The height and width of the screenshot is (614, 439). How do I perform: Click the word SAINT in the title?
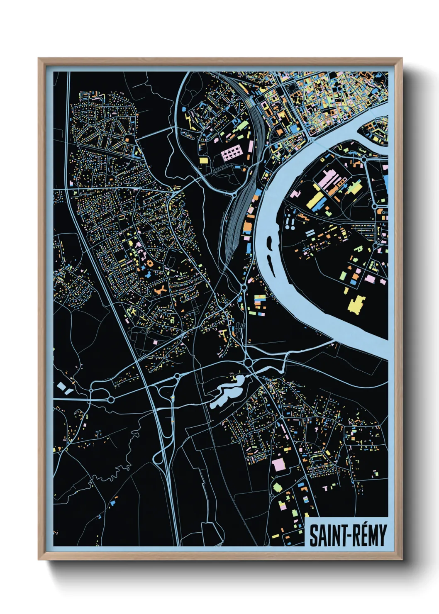[x=323, y=536]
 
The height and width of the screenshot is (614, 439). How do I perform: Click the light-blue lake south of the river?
[x=226, y=392]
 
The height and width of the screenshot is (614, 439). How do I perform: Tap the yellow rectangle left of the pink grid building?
[x=204, y=161]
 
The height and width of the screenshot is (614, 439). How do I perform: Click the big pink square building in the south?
[x=278, y=465]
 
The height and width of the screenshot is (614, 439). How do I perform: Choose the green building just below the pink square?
[x=277, y=487]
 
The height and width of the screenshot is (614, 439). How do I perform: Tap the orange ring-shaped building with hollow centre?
[x=149, y=263]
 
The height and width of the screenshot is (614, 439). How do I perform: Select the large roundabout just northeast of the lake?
[x=249, y=363]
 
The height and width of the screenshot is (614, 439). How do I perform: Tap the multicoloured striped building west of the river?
[x=260, y=299]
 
